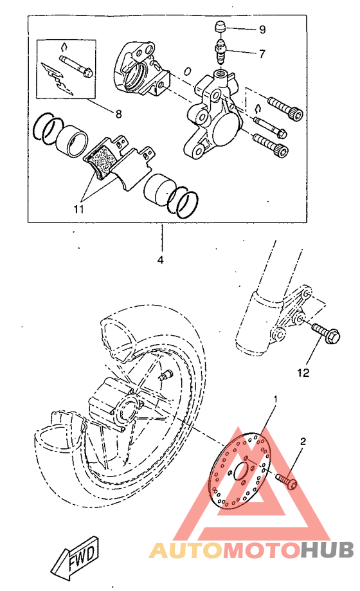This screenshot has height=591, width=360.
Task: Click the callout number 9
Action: [262, 30]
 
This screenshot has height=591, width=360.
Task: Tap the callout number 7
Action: [262, 54]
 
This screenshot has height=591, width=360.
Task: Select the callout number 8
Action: [118, 114]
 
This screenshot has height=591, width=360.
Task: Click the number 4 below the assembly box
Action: [160, 260]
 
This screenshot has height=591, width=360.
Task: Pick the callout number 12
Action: [303, 372]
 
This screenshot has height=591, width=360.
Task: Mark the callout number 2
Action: [303, 442]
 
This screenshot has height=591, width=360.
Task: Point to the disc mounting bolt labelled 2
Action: [285, 480]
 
